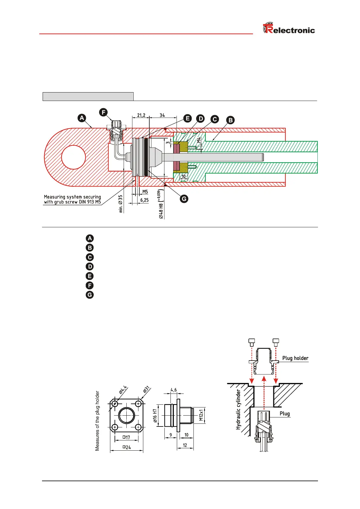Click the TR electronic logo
289,29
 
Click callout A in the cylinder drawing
82,118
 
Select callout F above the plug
103,112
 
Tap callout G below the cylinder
184,199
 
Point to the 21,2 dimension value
141,115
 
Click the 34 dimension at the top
162,115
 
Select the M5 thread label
145,192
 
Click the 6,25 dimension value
144,200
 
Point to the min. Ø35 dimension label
121,203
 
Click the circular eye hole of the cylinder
73,157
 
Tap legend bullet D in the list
90,267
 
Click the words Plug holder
295,358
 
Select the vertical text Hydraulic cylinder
238,410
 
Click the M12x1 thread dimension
201,415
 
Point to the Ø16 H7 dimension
155,418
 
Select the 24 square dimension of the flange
127,447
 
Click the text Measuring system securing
73,197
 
